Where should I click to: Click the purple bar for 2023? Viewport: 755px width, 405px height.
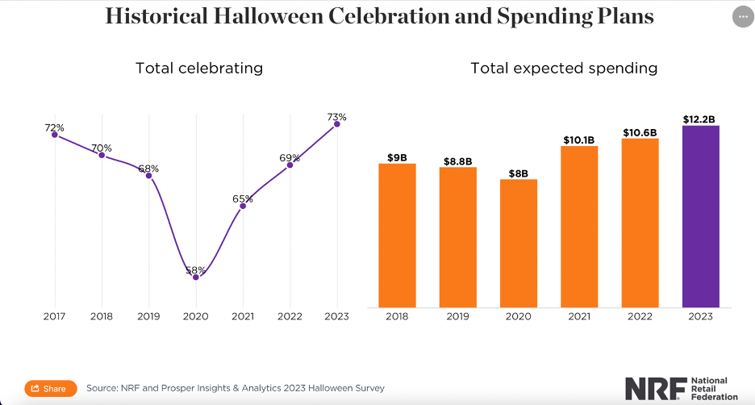tap(700, 216)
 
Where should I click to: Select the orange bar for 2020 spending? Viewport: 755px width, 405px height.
tap(519, 243)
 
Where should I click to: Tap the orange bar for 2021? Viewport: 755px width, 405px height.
tap(579, 227)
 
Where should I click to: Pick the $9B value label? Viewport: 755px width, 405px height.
tap(398, 157)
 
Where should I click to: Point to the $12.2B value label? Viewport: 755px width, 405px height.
tap(700, 119)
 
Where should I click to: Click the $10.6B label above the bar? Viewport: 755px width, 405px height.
tap(640, 132)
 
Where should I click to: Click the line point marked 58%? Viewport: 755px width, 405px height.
tap(196, 277)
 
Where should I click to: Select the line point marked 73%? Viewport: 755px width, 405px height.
tap(337, 123)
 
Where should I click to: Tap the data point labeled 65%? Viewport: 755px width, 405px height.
tap(243, 206)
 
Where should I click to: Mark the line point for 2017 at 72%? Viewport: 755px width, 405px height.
tap(55, 134)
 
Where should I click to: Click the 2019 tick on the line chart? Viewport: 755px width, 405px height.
tap(148, 317)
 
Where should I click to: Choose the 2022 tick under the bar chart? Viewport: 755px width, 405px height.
tap(640, 317)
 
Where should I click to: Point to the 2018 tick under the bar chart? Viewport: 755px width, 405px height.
tap(398, 317)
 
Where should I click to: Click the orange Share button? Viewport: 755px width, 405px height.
tap(51, 388)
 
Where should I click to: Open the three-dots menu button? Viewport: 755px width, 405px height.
tap(742, 17)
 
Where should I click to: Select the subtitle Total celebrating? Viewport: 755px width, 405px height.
tap(198, 69)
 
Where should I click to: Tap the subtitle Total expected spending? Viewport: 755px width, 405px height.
tap(564, 69)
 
